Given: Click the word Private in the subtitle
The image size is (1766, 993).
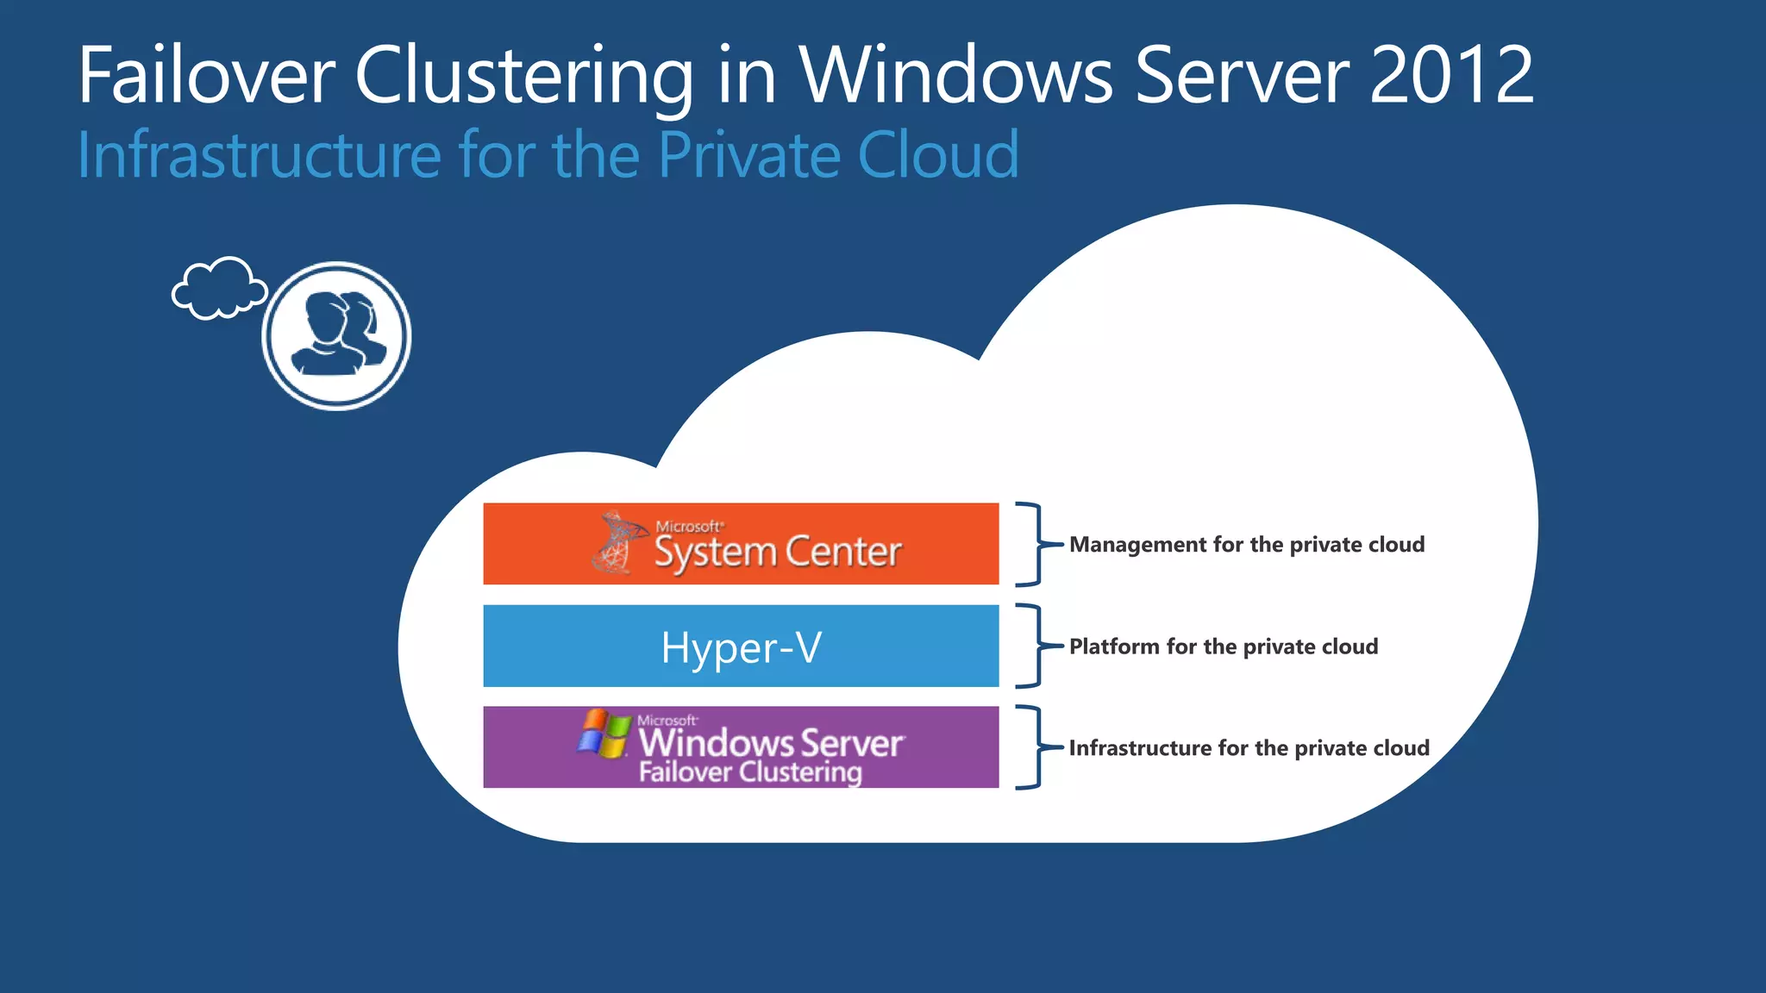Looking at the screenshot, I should pos(748,155).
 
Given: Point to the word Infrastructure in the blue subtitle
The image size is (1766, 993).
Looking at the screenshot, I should pos(260,155).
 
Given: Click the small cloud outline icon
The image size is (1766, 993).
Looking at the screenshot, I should pos(219,289).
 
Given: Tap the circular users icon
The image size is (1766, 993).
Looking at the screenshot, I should pos(336,335).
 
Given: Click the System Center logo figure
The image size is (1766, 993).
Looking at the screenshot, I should pos(617,543).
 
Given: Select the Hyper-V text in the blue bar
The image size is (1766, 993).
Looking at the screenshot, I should pos(742,647).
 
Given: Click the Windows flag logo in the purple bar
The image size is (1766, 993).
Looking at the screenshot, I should pos(604,734).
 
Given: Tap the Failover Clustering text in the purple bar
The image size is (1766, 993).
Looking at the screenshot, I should pos(750,771).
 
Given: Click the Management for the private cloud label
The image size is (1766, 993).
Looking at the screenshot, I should pos(1247,545).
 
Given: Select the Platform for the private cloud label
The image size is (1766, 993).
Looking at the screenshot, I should pos(1224,646).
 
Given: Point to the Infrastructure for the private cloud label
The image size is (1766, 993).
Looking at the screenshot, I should pos(1249,748).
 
